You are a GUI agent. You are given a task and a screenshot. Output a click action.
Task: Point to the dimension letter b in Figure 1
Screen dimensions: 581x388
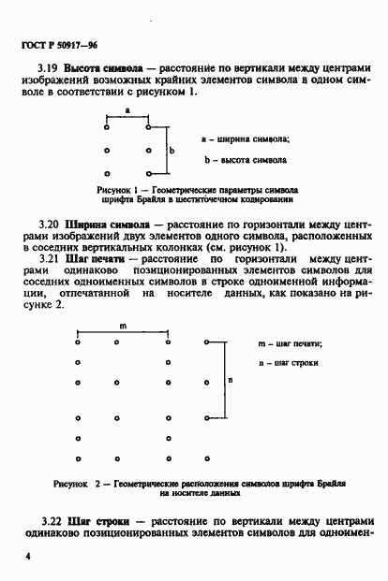(x=172, y=149)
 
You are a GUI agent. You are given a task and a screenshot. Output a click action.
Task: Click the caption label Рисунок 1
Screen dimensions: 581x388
(x=119, y=188)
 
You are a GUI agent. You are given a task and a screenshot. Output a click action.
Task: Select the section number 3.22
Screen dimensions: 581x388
(x=49, y=520)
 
